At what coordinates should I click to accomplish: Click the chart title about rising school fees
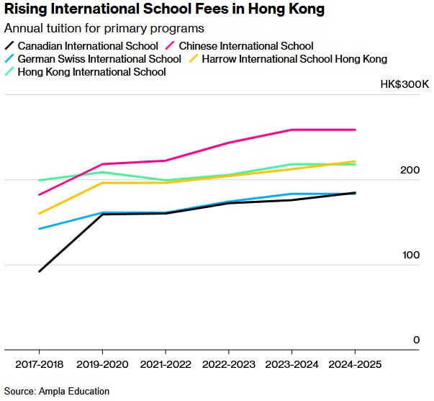click(164, 10)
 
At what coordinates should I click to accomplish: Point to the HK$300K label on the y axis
click(404, 85)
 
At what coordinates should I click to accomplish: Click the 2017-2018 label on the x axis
click(39, 364)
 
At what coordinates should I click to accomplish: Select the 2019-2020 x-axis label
click(102, 364)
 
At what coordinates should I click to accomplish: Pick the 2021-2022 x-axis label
click(166, 364)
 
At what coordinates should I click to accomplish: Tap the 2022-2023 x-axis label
click(229, 364)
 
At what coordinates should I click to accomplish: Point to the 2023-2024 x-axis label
click(292, 364)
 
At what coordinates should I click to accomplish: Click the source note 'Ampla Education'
click(56, 391)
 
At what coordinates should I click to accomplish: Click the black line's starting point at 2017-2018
click(39, 271)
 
